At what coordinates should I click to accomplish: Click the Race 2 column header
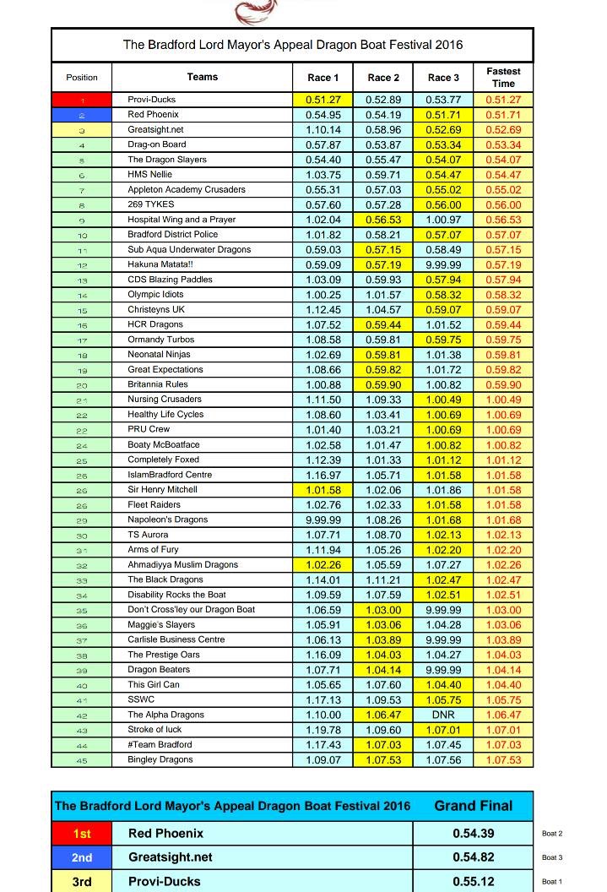click(x=379, y=78)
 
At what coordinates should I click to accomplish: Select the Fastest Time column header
click(x=503, y=77)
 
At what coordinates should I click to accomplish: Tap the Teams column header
click(x=203, y=77)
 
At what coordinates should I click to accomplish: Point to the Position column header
click(x=82, y=78)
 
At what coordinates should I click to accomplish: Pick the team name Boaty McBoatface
click(x=164, y=444)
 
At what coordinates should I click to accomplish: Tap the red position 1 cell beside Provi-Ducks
click(x=82, y=100)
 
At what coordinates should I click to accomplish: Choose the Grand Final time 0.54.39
click(x=473, y=834)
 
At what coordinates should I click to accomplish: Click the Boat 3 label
click(x=552, y=857)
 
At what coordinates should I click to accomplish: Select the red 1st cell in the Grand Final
click(x=82, y=834)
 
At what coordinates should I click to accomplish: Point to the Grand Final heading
click(x=473, y=806)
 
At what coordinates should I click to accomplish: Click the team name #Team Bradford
click(x=160, y=744)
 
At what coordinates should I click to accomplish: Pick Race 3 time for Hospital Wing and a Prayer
click(x=443, y=220)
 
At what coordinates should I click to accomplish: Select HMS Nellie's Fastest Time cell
click(x=503, y=175)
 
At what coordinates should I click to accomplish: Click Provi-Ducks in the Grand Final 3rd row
click(x=165, y=881)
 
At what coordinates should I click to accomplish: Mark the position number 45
click(x=82, y=759)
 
